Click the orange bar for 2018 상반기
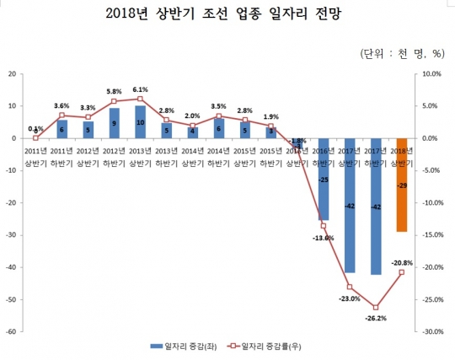[x=401, y=185]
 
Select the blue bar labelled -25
[x=323, y=179]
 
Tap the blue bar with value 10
[x=140, y=122]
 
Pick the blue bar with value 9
[x=114, y=123]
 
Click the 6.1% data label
[x=140, y=89]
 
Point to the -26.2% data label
[x=376, y=318]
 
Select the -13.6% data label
[x=324, y=238]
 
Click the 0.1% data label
[x=35, y=129]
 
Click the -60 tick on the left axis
[x=13, y=331]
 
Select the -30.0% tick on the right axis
[x=430, y=331]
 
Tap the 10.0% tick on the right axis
[x=430, y=73]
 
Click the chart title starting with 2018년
[x=227, y=16]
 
